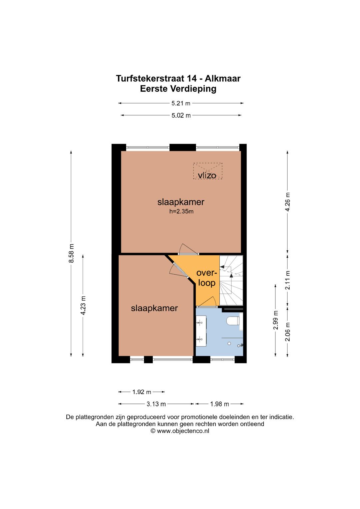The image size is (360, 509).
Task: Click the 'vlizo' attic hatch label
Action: (207, 175)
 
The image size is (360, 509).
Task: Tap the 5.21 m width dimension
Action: (181, 103)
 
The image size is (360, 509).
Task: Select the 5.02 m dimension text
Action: (181, 115)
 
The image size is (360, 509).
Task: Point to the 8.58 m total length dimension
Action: (71, 253)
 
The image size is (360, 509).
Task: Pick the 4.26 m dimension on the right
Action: (288, 202)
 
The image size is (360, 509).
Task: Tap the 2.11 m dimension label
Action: (288, 280)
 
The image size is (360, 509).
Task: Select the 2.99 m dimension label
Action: (275, 320)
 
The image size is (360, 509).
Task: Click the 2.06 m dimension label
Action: (288, 332)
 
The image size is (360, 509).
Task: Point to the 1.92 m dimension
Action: (142, 392)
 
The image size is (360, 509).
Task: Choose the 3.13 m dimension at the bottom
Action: (156, 404)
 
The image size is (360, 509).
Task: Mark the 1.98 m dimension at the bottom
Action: (219, 404)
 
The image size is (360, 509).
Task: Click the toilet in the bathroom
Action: (233, 321)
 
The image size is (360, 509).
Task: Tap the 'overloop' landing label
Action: (207, 278)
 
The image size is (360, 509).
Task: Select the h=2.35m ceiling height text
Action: (181, 211)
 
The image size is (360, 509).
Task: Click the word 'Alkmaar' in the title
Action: (222, 79)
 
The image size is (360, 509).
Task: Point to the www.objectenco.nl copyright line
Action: (180, 431)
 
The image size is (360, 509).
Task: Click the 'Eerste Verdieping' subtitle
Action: (178, 89)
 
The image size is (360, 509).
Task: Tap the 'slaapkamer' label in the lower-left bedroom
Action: (154, 308)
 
